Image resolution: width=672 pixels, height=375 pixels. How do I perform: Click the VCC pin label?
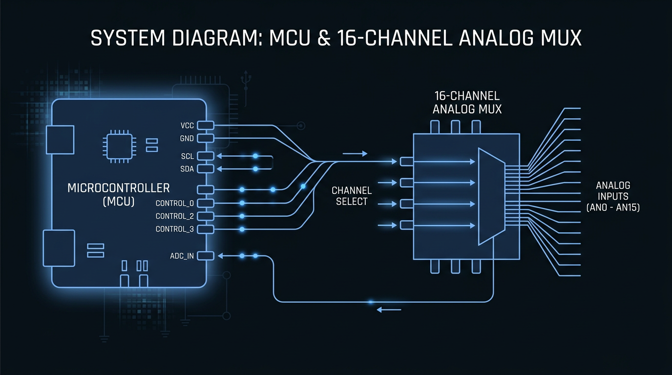187,126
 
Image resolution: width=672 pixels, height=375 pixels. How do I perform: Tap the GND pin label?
187,139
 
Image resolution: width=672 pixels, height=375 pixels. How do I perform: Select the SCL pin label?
187,156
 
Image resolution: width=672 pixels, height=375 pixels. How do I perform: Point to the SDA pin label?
187,169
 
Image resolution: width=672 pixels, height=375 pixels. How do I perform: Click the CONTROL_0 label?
175,203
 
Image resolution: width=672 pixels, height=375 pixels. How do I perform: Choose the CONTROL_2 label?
175,216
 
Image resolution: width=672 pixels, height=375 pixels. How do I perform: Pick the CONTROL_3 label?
175,229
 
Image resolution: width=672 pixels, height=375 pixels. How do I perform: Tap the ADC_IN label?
182,256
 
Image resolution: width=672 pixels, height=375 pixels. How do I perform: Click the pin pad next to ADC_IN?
206,255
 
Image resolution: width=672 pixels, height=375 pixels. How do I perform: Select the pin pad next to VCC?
206,125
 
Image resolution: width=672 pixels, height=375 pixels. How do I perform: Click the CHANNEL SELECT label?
352,196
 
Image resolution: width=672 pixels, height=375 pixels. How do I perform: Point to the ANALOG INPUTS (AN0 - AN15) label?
613,196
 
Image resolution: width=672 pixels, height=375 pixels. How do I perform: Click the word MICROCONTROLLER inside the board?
119,188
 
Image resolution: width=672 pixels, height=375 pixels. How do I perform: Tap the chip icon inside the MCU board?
117,146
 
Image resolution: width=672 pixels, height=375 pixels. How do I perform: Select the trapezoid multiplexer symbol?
490,196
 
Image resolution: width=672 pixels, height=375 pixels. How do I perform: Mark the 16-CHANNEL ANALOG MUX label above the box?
467,103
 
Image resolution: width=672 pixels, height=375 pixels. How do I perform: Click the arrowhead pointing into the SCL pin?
218,156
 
